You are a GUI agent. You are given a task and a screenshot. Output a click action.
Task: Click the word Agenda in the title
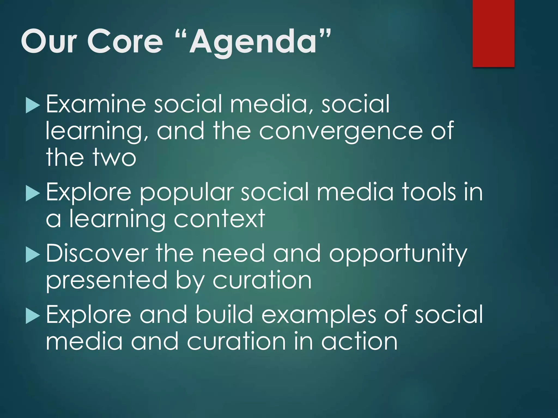pyautogui.click(x=253, y=42)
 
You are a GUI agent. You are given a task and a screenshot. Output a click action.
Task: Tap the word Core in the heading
pyautogui.click(x=125, y=42)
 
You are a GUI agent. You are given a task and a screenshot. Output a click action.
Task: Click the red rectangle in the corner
pyautogui.click(x=493, y=33)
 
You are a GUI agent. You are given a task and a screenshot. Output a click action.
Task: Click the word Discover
pyautogui.click(x=97, y=254)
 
